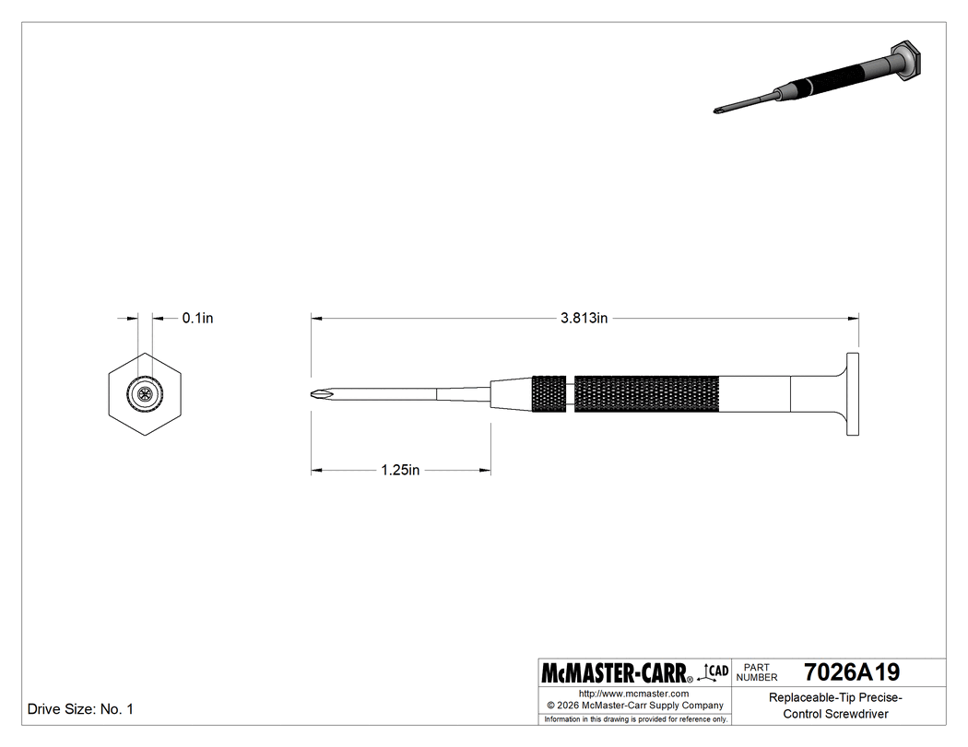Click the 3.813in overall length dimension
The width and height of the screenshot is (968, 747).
click(584, 319)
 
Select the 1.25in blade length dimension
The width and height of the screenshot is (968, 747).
click(400, 471)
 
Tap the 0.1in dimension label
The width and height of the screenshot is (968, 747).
click(197, 318)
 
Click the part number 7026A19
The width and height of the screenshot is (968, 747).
click(851, 671)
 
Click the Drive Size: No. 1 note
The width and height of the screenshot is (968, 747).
click(81, 709)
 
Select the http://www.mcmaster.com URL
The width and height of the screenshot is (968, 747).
click(634, 693)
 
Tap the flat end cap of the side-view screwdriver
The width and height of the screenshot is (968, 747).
click(853, 394)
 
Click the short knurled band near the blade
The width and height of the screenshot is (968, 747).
click(550, 394)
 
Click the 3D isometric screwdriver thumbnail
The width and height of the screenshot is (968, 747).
click(816, 81)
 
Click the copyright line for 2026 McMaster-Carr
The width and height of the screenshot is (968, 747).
click(636, 706)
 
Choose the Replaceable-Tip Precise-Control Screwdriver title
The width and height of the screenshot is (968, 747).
click(835, 706)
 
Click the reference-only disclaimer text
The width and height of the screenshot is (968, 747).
click(636, 718)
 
